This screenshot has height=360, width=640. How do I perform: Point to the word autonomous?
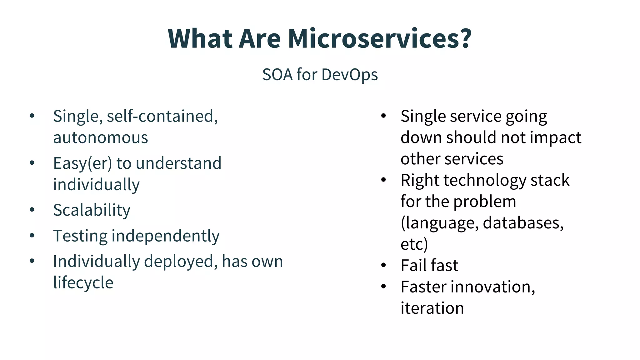(x=100, y=138)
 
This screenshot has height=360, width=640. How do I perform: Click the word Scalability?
(x=92, y=210)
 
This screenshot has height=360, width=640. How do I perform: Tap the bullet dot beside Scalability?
(x=32, y=210)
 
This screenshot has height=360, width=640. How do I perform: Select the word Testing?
(x=80, y=236)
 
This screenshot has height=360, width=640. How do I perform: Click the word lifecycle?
(x=83, y=283)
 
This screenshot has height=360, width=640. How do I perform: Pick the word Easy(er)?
(x=82, y=164)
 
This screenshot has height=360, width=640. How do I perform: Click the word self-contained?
(x=162, y=116)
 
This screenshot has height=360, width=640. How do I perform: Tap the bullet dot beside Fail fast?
(x=384, y=265)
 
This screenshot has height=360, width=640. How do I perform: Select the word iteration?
(x=432, y=308)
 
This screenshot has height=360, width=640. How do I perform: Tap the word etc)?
(x=414, y=244)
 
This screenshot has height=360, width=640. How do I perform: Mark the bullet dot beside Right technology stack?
(x=384, y=180)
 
